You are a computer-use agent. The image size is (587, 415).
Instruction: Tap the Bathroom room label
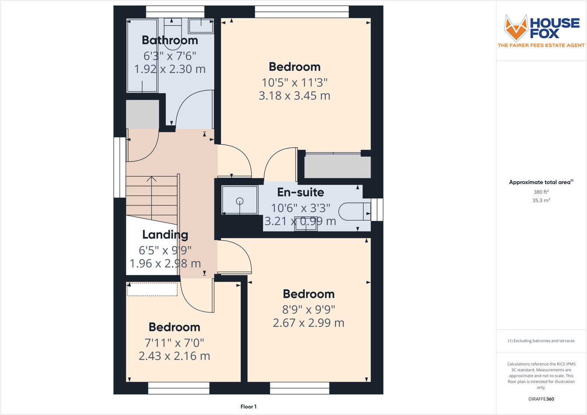pyautogui.click(x=170, y=40)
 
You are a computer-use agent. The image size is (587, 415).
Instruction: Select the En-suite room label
pyautogui.click(x=300, y=192)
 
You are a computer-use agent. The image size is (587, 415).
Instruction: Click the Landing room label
pyautogui.click(x=165, y=235)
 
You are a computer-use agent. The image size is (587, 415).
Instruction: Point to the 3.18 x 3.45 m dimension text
pyautogui.click(x=294, y=96)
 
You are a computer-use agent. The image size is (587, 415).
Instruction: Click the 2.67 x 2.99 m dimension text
pyautogui.click(x=308, y=323)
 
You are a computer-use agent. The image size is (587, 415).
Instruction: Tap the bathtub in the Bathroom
pyautogui.click(x=142, y=56)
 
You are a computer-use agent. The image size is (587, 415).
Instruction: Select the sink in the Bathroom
pyautogui.click(x=201, y=26)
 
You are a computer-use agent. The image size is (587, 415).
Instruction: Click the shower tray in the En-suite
pyautogui.click(x=240, y=200)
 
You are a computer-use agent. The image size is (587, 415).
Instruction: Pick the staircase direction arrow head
pyautogui.click(x=151, y=178)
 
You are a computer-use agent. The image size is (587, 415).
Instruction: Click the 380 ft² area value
pyautogui.click(x=541, y=192)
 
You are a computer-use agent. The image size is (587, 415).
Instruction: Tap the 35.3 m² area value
pyautogui.click(x=541, y=200)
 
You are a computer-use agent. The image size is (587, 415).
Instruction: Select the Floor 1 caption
pyautogui.click(x=248, y=407)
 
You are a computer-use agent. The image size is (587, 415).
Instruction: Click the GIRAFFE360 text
pyautogui.click(x=541, y=399)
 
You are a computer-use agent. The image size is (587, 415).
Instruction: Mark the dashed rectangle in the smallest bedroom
pyautogui.click(x=152, y=289)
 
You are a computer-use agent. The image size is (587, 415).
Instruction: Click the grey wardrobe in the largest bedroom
pyautogui.click(x=337, y=167)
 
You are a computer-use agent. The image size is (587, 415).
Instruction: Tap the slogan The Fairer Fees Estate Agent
pyautogui.click(x=541, y=45)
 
